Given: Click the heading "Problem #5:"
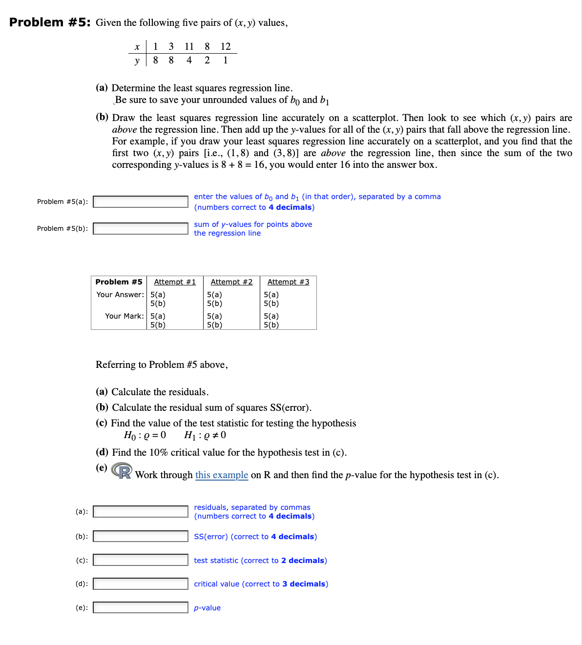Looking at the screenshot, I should (x=50, y=22).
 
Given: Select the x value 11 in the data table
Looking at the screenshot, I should (x=189, y=46).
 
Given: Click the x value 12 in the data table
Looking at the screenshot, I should (x=225, y=46).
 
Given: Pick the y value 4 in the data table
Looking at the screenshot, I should (x=189, y=60).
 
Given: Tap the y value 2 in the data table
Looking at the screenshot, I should (x=207, y=60).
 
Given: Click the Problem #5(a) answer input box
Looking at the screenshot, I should (x=141, y=202).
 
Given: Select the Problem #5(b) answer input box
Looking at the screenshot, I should (x=141, y=228).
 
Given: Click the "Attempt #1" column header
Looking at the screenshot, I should (x=175, y=282).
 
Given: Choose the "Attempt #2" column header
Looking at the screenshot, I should (x=231, y=282).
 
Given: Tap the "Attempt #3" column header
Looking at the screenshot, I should (x=288, y=282).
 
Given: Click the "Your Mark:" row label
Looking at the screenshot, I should (x=124, y=316).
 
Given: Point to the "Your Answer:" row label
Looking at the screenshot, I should (x=120, y=295).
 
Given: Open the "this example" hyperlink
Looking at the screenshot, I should (x=222, y=475).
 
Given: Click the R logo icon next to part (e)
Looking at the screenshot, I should (x=122, y=471).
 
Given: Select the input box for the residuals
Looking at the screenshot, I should (x=141, y=511).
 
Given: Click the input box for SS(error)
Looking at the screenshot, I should (x=141, y=536).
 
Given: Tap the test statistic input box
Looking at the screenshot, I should (x=141, y=560).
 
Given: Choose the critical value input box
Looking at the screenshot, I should (x=141, y=584).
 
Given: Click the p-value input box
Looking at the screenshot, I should (x=141, y=607).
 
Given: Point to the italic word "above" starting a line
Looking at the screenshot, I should (x=124, y=130).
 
